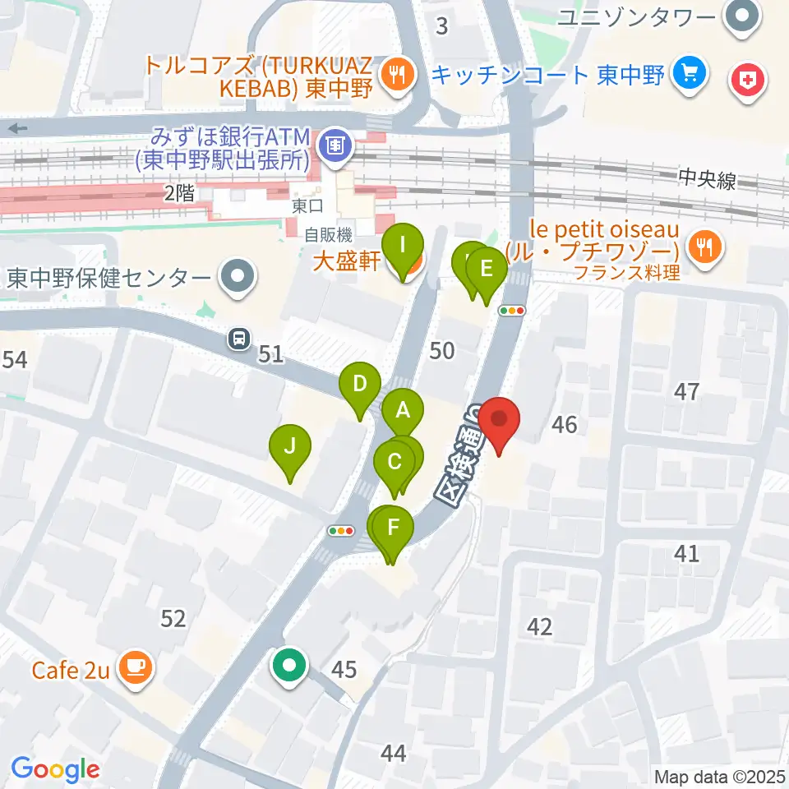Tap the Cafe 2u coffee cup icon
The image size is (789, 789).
coord(134,667)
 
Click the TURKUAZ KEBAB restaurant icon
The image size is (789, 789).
coord(396,76)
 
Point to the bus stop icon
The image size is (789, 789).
coord(239,337)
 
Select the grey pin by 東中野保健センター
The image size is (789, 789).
coord(238,277)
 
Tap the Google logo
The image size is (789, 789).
coord(55,769)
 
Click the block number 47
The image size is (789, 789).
coord(686,391)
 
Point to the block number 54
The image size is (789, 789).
coord(14,359)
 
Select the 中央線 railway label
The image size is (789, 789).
coord(707,179)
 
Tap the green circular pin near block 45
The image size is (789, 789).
coord(289,665)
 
